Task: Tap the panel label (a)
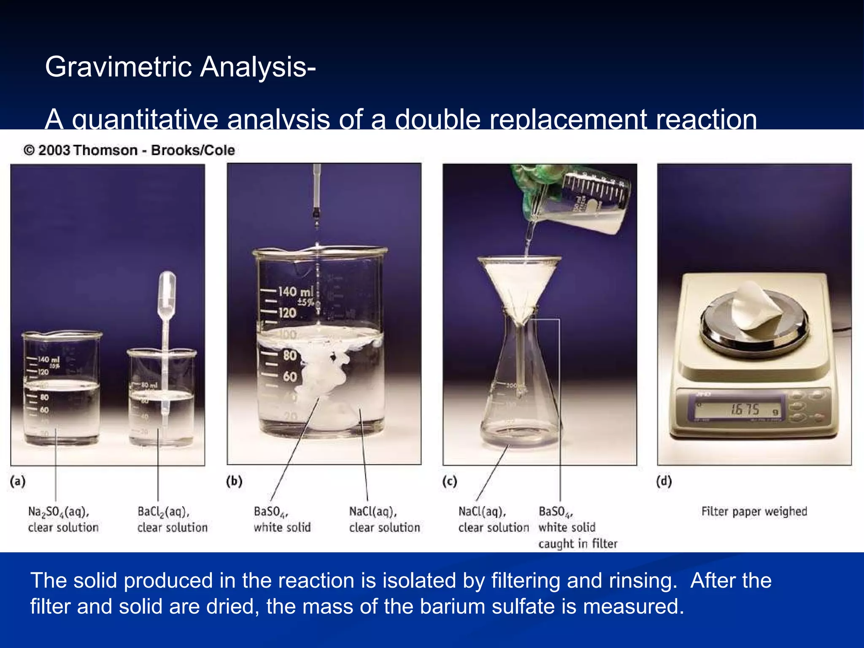pyautogui.click(x=18, y=481)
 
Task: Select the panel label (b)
pyautogui.click(x=234, y=481)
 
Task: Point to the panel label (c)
pyautogui.click(x=450, y=481)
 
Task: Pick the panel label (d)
pyautogui.click(x=664, y=481)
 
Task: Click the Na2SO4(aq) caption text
pyautogui.click(x=59, y=512)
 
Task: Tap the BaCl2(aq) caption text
pyautogui.click(x=164, y=512)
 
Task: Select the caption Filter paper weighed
pyautogui.click(x=754, y=511)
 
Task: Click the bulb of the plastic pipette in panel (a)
pyautogui.click(x=167, y=287)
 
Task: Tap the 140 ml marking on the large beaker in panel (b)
pyautogui.click(x=295, y=292)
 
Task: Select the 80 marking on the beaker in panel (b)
pyautogui.click(x=290, y=355)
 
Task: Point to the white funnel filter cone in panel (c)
pyautogui.click(x=520, y=287)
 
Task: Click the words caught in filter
pyautogui.click(x=578, y=543)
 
